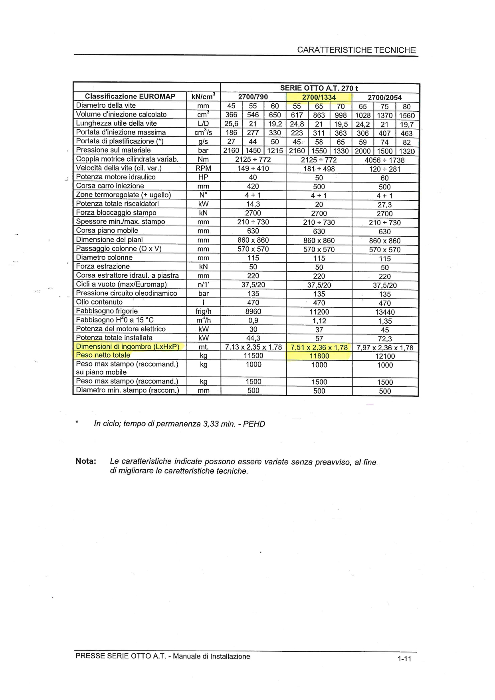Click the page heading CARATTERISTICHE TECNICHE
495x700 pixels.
(x=356, y=50)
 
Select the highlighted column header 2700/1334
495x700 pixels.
(x=319, y=97)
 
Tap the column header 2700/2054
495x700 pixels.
(x=385, y=97)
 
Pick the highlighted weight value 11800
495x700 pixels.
(x=319, y=356)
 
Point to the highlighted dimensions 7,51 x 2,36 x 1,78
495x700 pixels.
(x=319, y=347)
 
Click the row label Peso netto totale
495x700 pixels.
(x=103, y=355)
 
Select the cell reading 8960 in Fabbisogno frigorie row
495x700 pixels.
(x=253, y=311)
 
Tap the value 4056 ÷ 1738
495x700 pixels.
(x=385, y=160)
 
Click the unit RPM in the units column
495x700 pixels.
(x=204, y=168)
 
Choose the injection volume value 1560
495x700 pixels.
(x=407, y=115)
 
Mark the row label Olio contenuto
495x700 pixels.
(x=99, y=302)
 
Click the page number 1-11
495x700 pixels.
(x=404, y=659)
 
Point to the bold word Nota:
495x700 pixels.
(x=86, y=461)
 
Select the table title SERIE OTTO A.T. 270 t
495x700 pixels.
(x=319, y=88)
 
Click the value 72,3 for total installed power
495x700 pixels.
(x=385, y=339)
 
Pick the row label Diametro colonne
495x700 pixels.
(x=104, y=257)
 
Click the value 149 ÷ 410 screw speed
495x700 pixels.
(x=253, y=168)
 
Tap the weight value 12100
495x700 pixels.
(x=385, y=356)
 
